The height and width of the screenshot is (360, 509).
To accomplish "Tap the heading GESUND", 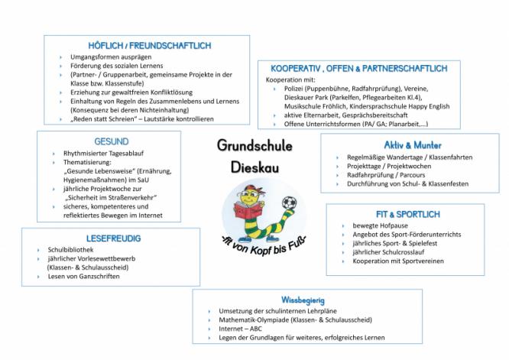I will point(112,141).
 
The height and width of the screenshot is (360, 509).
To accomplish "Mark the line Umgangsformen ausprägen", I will point(110,58).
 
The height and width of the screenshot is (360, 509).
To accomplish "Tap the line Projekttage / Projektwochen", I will point(379,166).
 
